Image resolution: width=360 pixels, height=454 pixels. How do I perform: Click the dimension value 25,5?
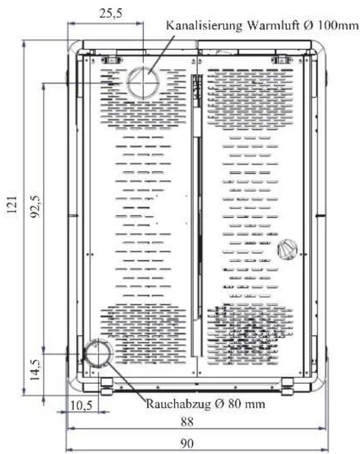[111, 13]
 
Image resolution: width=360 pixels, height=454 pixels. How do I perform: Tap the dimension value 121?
[12, 205]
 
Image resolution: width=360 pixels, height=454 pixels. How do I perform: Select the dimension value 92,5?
[36, 206]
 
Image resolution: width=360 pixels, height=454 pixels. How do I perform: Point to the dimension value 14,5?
[36, 370]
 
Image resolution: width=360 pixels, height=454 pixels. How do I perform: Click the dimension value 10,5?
[82, 405]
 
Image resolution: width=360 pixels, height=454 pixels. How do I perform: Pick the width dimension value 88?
[187, 422]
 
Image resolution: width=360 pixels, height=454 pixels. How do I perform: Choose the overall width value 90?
[187, 443]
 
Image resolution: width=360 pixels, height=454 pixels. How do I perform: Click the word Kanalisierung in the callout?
[204, 25]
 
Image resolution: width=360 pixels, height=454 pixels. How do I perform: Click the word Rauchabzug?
[178, 403]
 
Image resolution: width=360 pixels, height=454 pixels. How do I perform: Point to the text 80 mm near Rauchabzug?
[247, 403]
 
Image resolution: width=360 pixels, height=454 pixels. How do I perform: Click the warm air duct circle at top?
[143, 82]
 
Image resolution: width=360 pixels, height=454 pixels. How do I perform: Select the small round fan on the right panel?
[288, 249]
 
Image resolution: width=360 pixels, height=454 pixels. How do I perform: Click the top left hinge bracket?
[111, 60]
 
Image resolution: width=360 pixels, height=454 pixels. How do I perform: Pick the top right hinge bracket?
[281, 60]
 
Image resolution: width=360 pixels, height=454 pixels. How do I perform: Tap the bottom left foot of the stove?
[106, 387]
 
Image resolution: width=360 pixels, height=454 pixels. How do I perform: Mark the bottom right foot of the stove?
[288, 387]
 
